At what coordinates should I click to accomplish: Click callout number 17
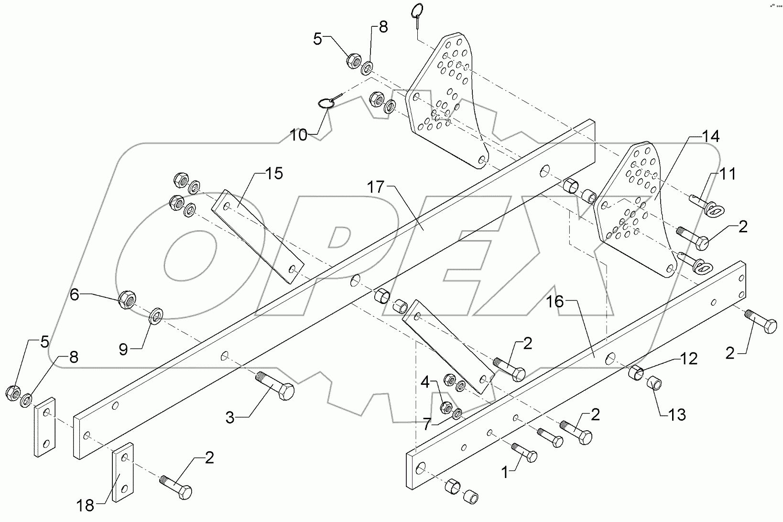(376, 187)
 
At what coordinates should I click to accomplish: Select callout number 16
(555, 302)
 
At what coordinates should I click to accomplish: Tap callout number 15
(274, 174)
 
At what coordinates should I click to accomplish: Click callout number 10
(299, 135)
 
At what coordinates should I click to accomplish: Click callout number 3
(230, 418)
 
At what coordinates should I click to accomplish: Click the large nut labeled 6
(128, 300)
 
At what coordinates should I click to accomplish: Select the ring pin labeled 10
(326, 103)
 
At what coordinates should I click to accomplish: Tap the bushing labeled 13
(654, 383)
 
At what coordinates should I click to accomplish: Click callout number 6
(75, 295)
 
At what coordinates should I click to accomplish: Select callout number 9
(123, 350)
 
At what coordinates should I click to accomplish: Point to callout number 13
(677, 414)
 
